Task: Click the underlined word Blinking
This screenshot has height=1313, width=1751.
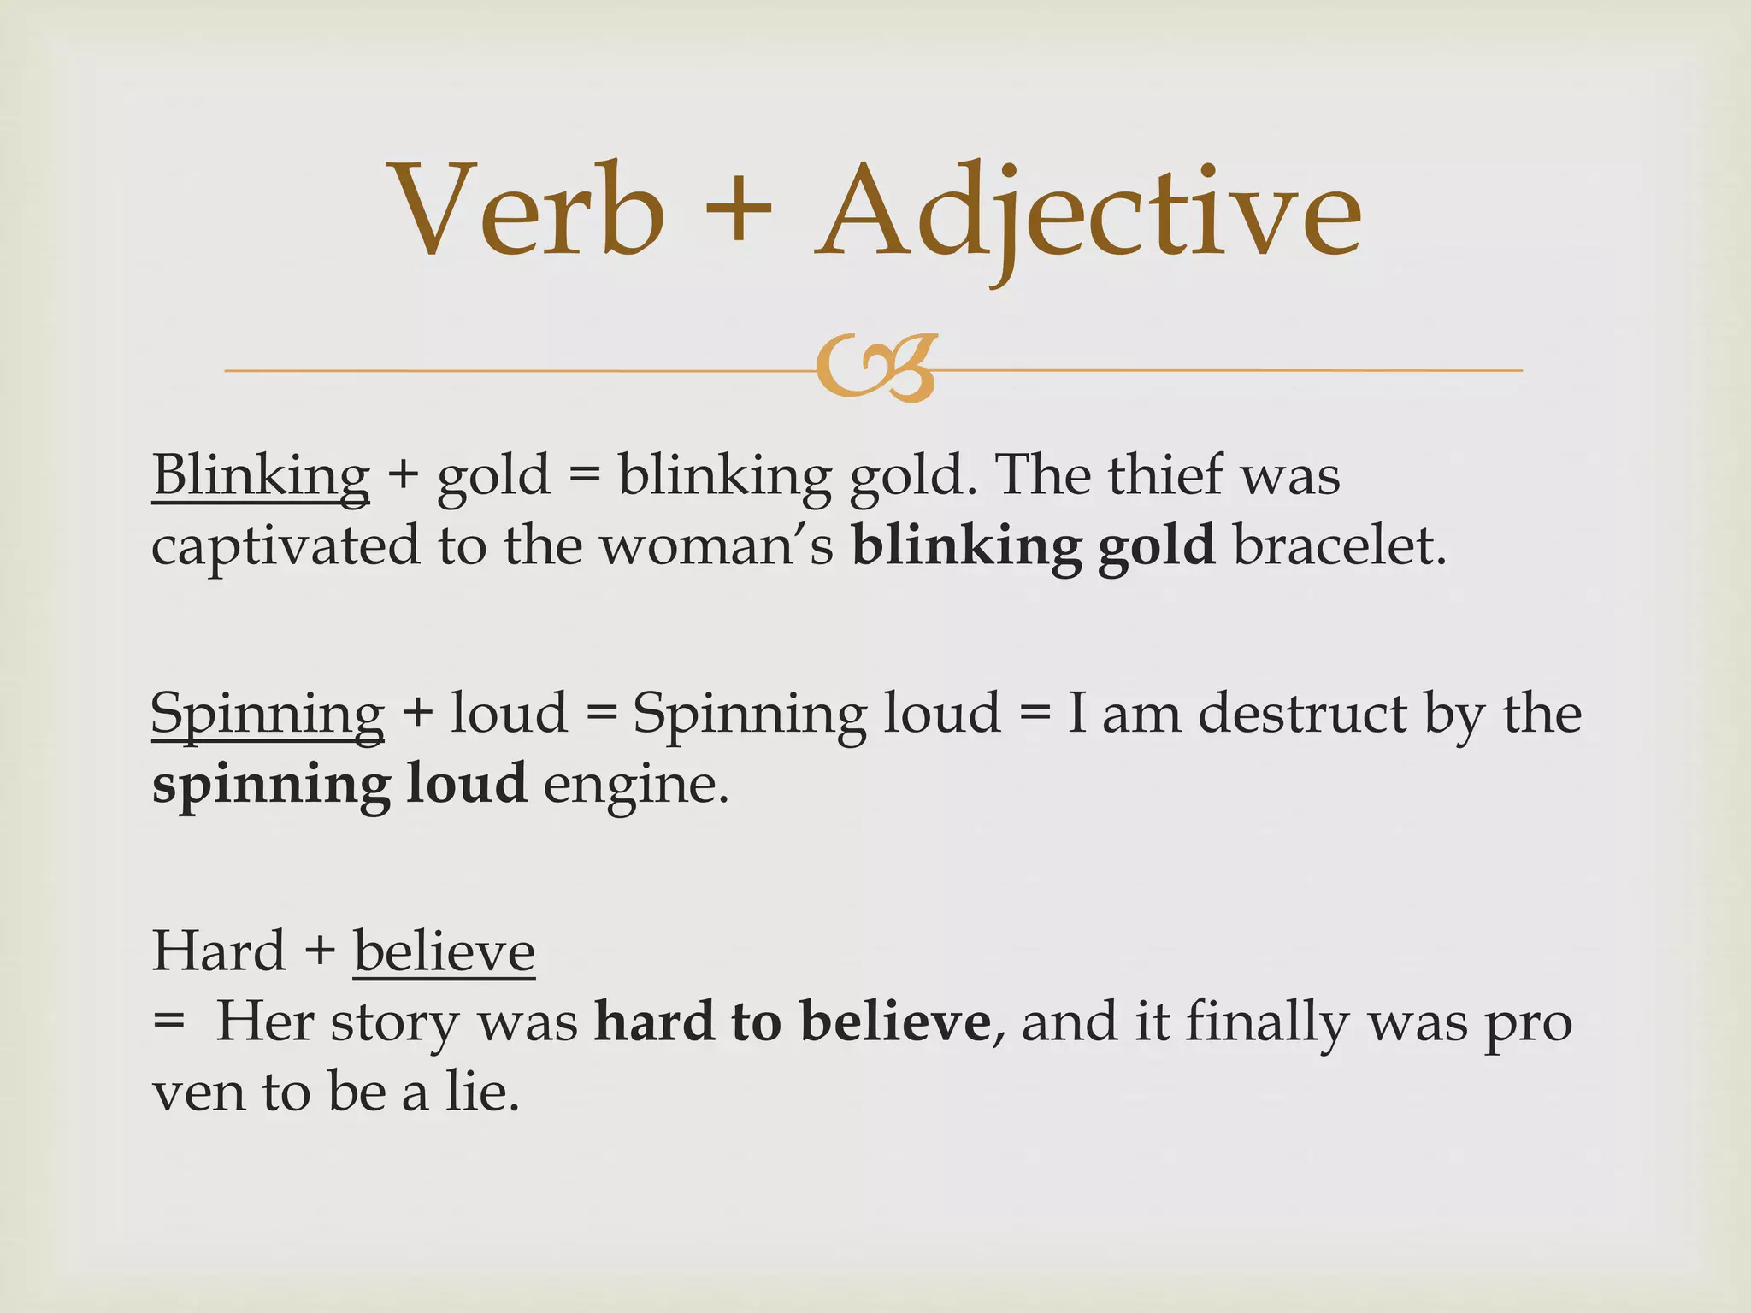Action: point(261,476)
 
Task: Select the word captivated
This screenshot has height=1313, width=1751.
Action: point(286,547)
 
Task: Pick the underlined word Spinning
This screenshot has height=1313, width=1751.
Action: point(268,714)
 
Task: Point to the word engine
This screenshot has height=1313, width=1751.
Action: point(635,785)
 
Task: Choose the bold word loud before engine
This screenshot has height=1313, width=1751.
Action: point(466,783)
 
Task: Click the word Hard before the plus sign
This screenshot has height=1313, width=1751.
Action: point(218,951)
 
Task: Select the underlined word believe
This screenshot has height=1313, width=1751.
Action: point(444,951)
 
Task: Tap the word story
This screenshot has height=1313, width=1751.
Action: point(394,1023)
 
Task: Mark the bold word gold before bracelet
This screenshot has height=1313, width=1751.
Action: point(1156,547)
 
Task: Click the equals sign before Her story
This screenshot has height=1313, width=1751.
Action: point(168,1022)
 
